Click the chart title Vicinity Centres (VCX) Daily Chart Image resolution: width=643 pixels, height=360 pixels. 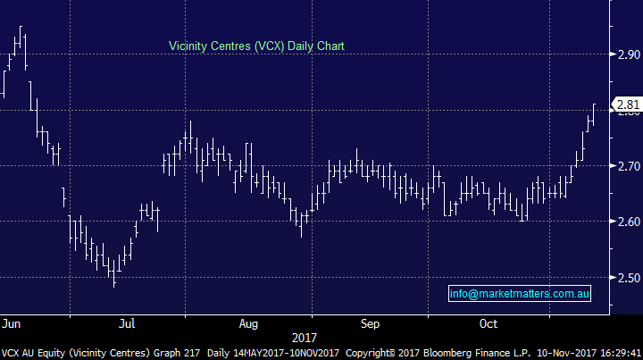257,45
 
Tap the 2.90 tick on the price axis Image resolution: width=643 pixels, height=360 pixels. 627,54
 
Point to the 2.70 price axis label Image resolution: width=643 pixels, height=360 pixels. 627,166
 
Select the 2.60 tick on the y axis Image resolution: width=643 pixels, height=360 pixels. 627,222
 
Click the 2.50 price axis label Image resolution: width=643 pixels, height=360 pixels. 627,278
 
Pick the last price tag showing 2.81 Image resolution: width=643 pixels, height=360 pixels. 628,105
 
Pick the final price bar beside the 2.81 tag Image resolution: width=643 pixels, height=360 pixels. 594,113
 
